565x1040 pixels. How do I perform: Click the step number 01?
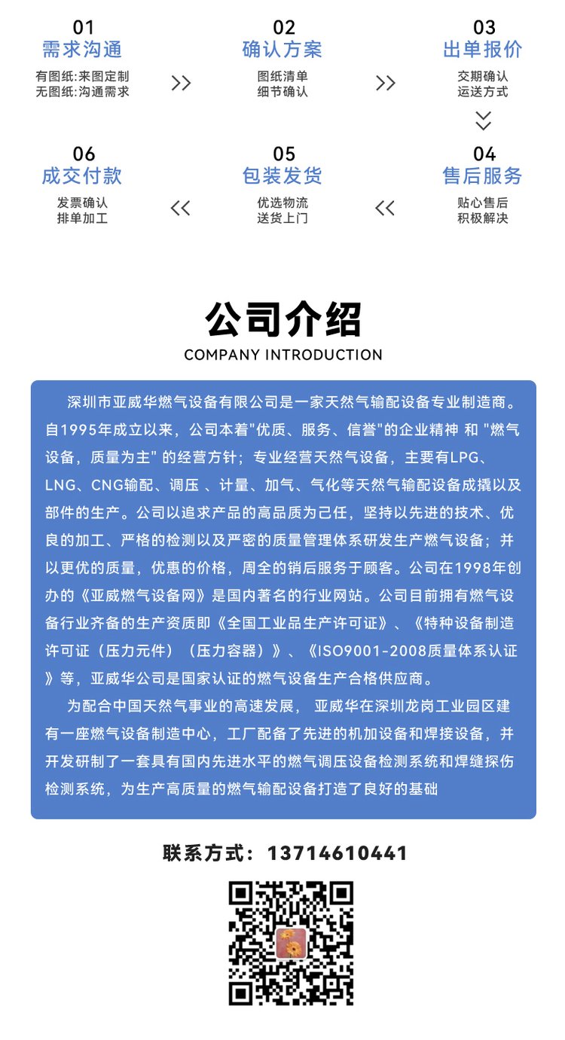(83, 28)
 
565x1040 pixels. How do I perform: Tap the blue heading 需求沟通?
(82, 50)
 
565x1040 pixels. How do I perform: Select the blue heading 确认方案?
(282, 50)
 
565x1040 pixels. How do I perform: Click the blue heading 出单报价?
(483, 50)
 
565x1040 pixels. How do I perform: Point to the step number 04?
(484, 154)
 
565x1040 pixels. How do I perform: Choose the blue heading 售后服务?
(483, 176)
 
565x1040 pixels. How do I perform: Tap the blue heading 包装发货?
(282, 176)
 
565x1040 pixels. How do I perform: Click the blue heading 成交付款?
(82, 176)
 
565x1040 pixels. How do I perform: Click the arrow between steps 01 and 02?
(181, 83)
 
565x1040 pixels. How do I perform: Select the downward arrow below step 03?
(483, 120)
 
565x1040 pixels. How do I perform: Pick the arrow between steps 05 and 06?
(181, 209)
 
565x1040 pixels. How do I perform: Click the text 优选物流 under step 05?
(282, 203)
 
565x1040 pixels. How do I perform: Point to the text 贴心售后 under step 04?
(483, 203)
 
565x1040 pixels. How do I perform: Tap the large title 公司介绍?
(282, 319)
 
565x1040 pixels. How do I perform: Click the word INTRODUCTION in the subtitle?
(323, 355)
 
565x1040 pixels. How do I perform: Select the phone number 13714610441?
(337, 853)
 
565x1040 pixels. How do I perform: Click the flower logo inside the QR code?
(291, 943)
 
